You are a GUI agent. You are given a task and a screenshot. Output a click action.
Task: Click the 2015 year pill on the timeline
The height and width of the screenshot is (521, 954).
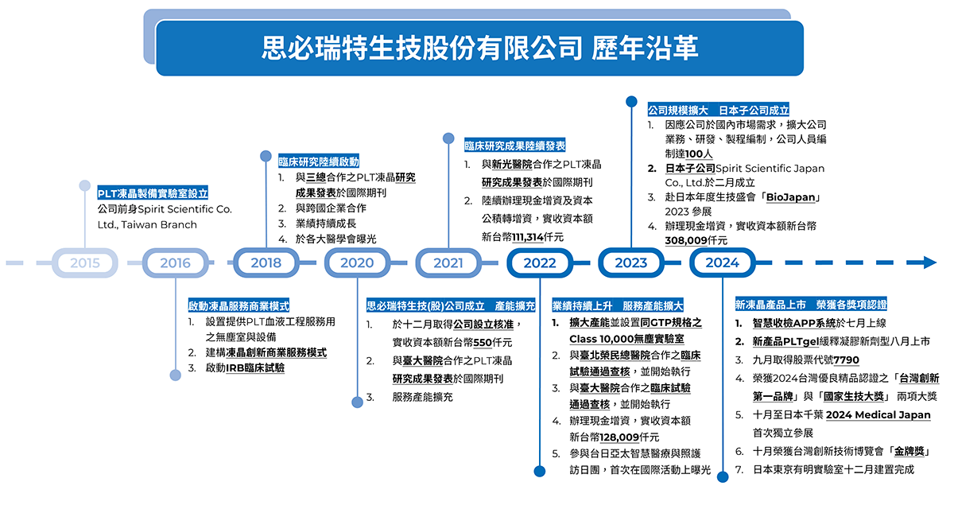click(x=84, y=262)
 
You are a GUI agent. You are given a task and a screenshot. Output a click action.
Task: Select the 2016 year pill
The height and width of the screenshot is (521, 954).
click(x=175, y=262)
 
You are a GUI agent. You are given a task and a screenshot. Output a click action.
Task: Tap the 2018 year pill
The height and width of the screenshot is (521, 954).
click(x=266, y=262)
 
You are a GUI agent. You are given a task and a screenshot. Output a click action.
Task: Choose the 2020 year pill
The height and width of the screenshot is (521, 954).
click(x=356, y=262)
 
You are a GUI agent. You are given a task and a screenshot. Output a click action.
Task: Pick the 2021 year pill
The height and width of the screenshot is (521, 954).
click(x=448, y=262)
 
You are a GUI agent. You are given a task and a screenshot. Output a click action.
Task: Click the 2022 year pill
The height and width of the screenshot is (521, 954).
click(x=540, y=262)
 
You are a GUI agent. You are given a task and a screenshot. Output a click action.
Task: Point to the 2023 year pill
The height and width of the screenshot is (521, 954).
click(x=631, y=262)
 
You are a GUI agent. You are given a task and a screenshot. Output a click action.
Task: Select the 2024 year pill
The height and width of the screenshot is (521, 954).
click(x=722, y=262)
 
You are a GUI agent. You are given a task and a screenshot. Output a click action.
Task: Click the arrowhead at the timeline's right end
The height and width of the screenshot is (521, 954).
click(x=929, y=262)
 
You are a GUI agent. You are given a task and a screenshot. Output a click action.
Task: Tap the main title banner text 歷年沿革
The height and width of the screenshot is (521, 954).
click(x=646, y=48)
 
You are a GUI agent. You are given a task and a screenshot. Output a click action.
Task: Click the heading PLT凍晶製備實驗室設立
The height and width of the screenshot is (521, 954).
click(x=153, y=193)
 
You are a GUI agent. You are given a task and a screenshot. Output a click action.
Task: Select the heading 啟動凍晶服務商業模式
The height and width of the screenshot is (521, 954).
click(x=238, y=305)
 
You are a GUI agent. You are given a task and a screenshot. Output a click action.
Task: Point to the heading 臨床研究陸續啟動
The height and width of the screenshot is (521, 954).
click(x=318, y=160)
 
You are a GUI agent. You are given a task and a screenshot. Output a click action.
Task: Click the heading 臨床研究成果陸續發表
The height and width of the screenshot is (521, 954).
click(x=515, y=146)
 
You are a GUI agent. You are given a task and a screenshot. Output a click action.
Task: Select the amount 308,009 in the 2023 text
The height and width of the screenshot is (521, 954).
click(x=685, y=240)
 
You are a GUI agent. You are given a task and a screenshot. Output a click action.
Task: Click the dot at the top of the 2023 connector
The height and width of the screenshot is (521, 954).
click(x=631, y=101)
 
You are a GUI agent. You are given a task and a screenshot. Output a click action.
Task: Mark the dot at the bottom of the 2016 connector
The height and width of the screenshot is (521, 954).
click(x=175, y=375)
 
